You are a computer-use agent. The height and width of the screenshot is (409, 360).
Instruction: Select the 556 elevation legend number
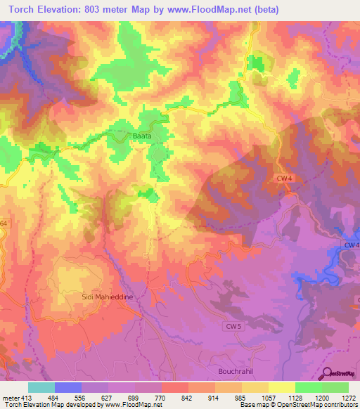pyautogui.click(x=82, y=397)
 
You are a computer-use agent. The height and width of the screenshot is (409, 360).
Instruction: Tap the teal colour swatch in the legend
pyautogui.click(x=41, y=387)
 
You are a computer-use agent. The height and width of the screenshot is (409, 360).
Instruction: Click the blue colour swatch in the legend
pyautogui.click(x=68, y=387)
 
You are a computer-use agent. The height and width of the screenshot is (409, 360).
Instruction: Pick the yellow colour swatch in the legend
pyautogui.click(x=282, y=387)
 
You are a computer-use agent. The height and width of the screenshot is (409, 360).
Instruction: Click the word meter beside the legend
pyautogui.click(x=9, y=397)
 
